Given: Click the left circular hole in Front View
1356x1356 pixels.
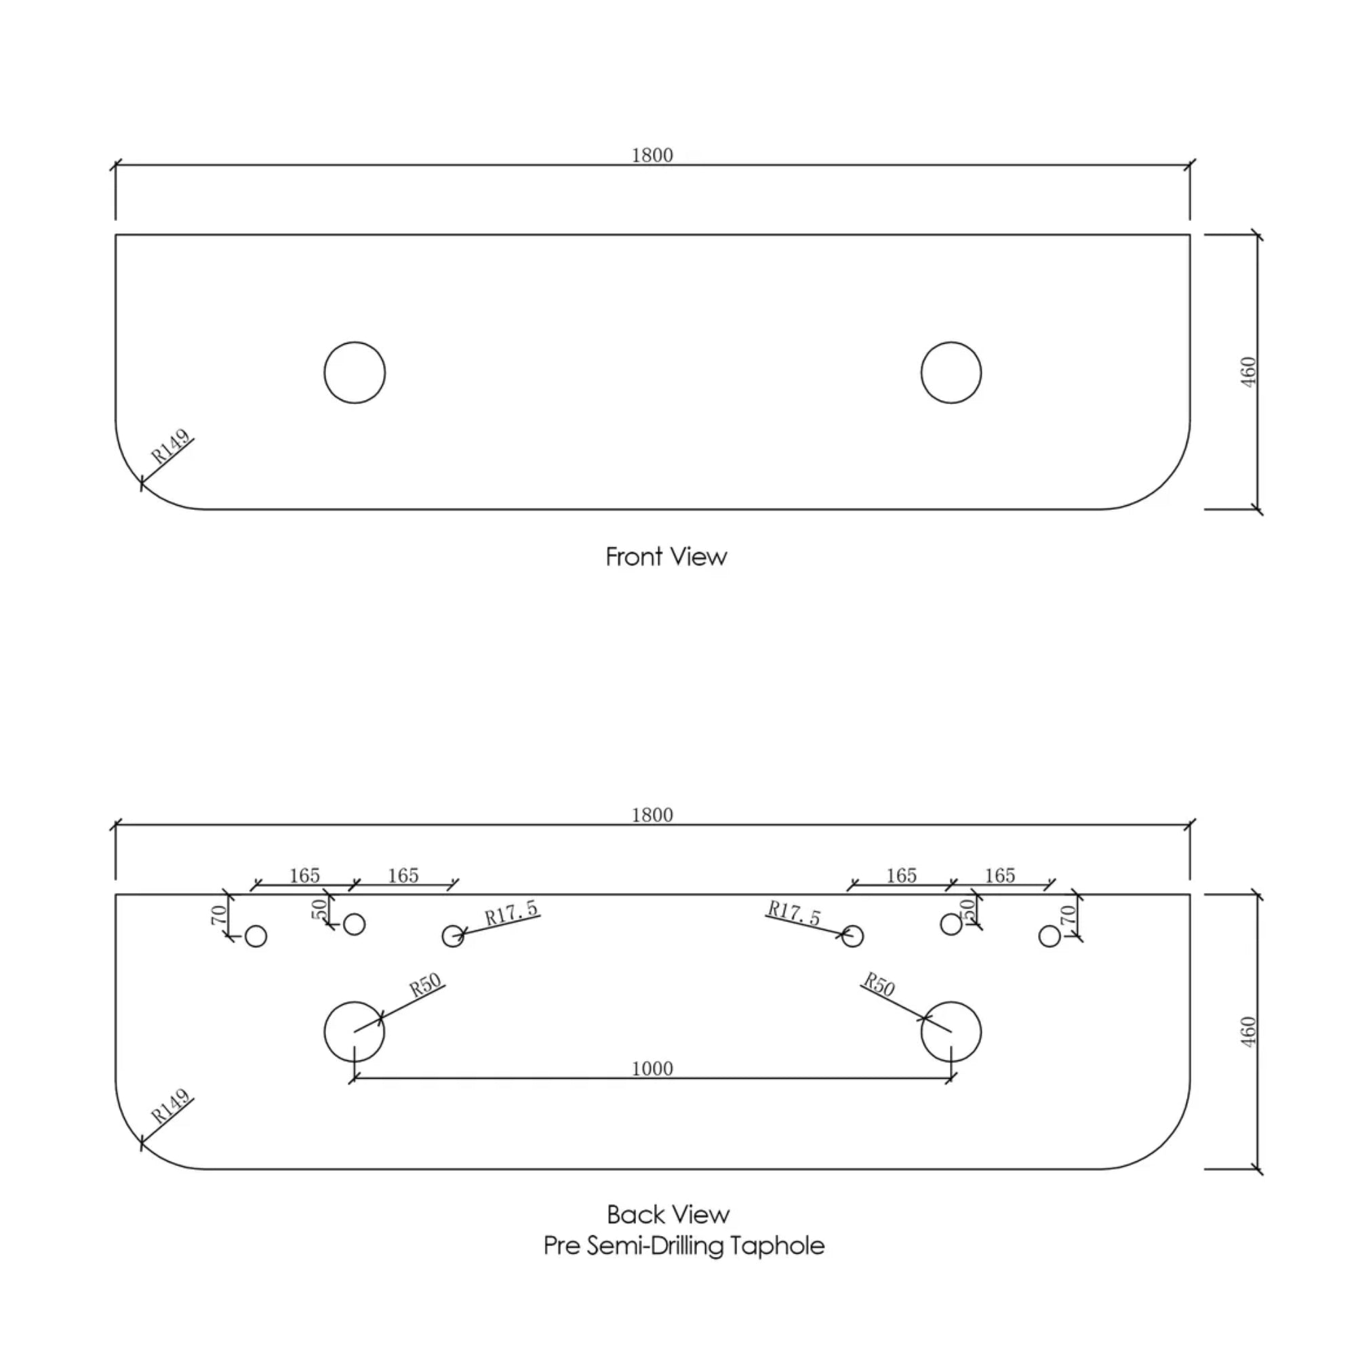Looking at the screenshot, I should point(355,373).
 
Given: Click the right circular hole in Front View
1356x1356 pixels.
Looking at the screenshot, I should point(951,373).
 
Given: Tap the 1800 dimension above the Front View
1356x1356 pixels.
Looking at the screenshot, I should point(652,155).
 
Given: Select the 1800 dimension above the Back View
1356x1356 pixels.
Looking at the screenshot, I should point(652,815).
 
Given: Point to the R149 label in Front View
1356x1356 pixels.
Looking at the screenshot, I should point(171,446).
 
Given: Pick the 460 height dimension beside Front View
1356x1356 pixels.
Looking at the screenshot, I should point(1248,372).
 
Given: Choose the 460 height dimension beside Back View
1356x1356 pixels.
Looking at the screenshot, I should point(1248,1032).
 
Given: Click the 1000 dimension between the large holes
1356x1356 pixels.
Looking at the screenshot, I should point(652,1069).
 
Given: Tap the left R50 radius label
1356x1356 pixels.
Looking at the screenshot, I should point(426,985).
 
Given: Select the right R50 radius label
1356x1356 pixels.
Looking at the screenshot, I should point(879,984).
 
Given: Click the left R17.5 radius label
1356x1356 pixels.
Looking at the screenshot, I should point(511,913).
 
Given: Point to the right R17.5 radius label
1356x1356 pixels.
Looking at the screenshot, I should point(794,913).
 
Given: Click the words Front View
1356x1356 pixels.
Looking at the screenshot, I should point(666,557).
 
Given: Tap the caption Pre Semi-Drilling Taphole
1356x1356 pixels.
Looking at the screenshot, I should point(683,1245).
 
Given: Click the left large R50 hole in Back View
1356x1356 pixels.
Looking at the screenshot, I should point(355,1032).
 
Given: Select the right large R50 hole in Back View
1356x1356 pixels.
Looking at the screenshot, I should point(951,1032).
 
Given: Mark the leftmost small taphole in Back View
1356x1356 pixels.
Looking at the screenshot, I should point(256,936).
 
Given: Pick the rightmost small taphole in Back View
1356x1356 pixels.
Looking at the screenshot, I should point(1050,936).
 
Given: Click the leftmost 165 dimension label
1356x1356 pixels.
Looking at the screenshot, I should point(304,875).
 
